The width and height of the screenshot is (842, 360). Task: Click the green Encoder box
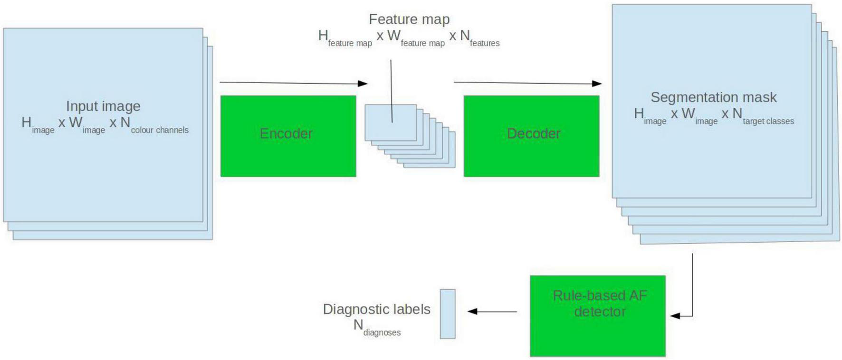click(288, 136)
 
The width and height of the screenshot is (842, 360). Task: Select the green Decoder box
click(531, 136)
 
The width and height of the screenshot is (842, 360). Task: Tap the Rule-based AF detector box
click(597, 316)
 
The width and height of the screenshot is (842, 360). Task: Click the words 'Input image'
click(103, 106)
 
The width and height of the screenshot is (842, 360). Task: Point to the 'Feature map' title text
click(409, 19)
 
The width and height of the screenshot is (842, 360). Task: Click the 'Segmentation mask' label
click(713, 97)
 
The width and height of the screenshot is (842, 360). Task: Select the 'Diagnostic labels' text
click(376, 309)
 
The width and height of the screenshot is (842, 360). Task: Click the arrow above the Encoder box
click(293, 83)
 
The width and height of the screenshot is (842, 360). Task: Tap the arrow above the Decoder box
click(527, 83)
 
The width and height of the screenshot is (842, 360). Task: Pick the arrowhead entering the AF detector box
click(675, 316)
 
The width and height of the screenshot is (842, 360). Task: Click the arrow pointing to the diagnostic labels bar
click(492, 312)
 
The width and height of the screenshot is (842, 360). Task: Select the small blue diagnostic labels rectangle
click(448, 314)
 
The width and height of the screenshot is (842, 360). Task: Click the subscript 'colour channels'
click(160, 130)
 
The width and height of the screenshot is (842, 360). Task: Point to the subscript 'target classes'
click(768, 122)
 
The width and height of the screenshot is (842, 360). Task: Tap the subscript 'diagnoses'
click(382, 333)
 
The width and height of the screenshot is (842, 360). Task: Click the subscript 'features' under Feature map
click(485, 43)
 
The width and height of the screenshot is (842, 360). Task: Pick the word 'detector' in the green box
click(600, 312)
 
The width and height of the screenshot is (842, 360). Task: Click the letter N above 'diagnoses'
click(358, 325)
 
